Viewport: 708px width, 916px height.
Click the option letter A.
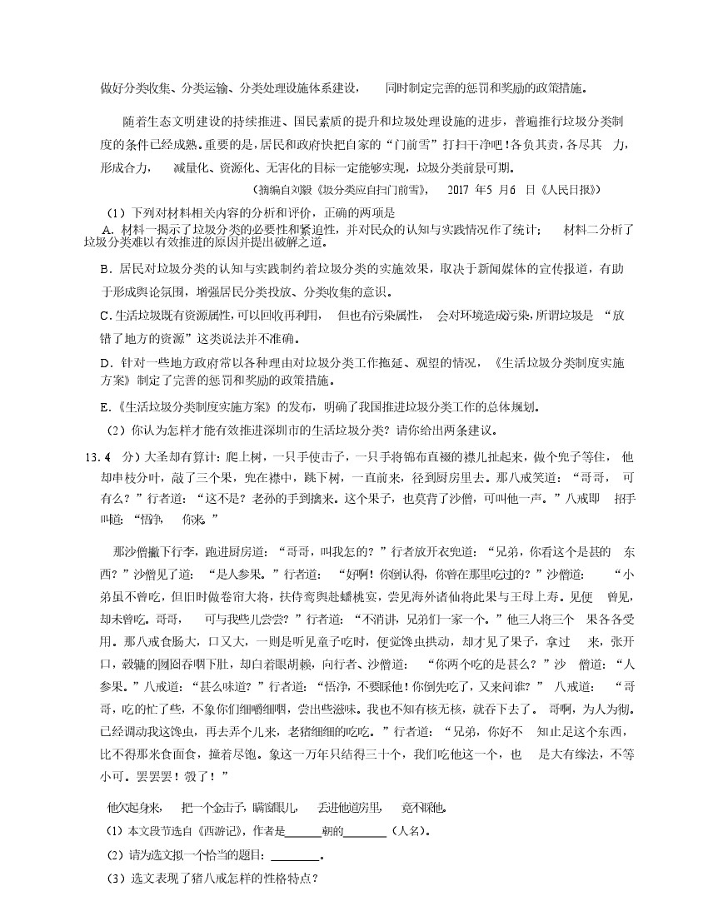(x=106, y=230)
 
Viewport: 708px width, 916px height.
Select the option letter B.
(x=105, y=269)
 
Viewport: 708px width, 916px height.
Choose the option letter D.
(x=105, y=363)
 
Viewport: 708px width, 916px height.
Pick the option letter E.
(x=105, y=408)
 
